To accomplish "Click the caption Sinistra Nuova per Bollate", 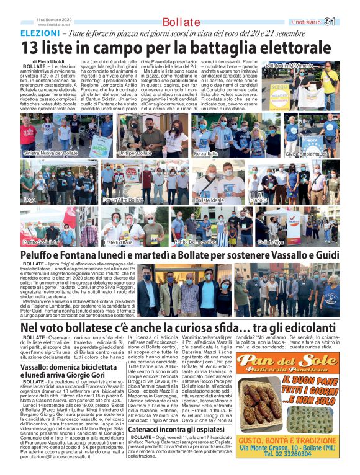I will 50,153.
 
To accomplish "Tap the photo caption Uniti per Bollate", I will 135,153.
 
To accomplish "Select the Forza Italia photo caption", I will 209,153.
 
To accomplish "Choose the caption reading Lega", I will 30,200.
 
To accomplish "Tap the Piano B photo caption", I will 258,200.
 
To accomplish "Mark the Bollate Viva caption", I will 271,242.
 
